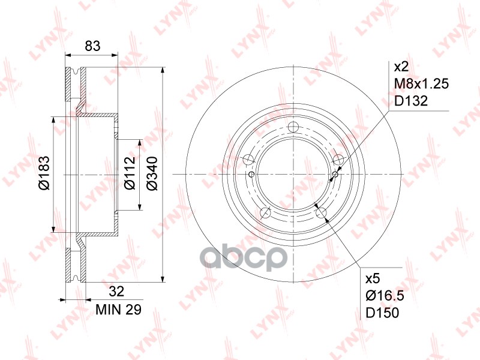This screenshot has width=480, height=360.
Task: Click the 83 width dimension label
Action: tap(92, 46)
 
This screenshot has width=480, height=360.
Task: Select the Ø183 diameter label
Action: tap(44, 173)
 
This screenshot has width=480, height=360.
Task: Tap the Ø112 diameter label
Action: tap(130, 173)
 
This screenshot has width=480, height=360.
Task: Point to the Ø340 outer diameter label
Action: tap(152, 173)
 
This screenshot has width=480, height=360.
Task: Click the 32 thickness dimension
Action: tap(116, 291)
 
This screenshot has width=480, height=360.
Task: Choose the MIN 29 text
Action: tap(118, 310)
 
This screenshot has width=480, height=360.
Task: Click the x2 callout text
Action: tap(401, 67)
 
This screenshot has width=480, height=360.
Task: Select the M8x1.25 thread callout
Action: tap(422, 83)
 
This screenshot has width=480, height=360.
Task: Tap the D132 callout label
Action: tap(411, 101)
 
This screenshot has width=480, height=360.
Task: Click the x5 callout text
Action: tap(373, 278)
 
